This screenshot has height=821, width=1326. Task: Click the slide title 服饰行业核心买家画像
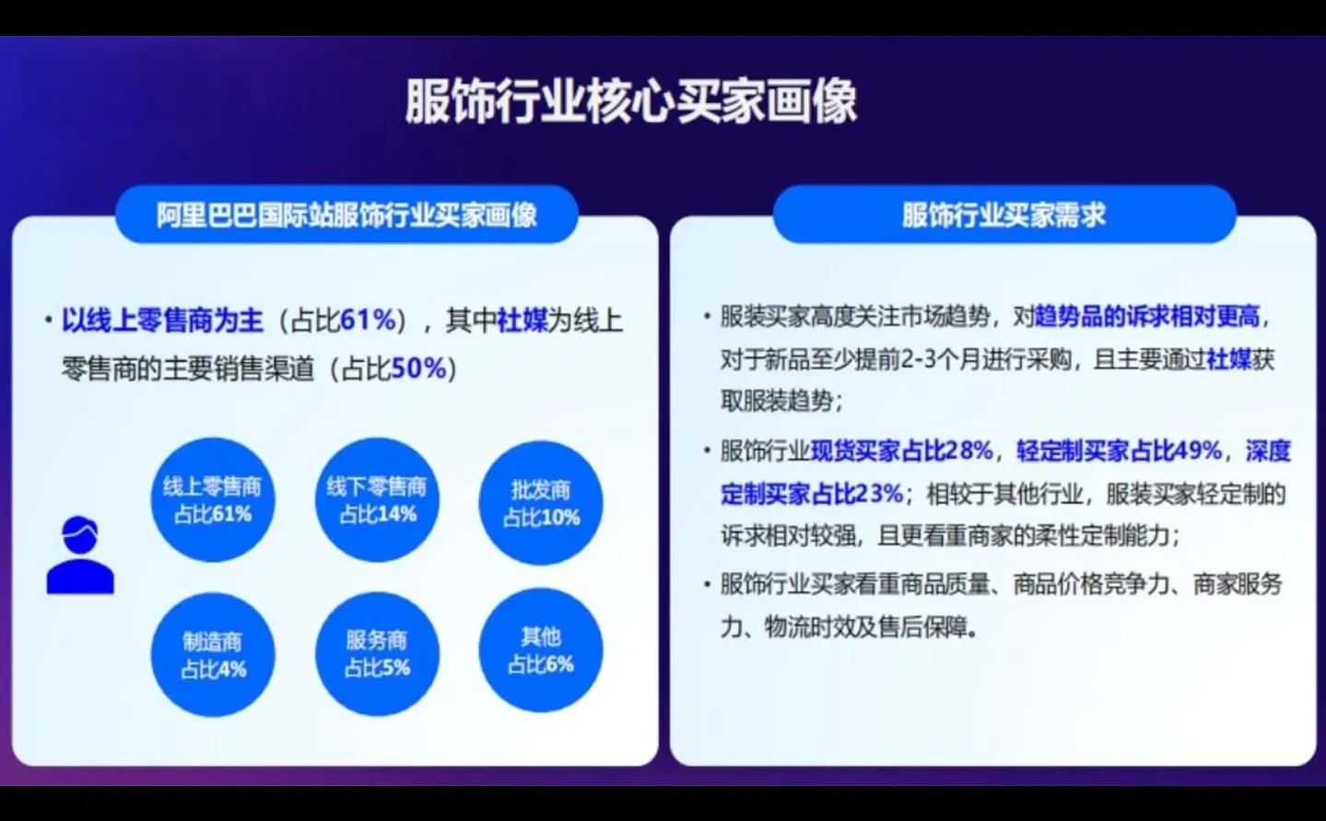(x=631, y=101)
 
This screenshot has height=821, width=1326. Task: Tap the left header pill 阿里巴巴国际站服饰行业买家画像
(x=346, y=215)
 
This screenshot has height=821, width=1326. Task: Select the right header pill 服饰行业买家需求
(x=1003, y=215)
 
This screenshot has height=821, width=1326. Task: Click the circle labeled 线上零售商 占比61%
(x=212, y=499)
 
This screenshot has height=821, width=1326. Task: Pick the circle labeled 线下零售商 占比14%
(x=377, y=499)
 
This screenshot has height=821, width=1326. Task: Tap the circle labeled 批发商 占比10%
(x=541, y=503)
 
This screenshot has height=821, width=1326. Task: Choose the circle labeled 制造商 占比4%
(x=212, y=654)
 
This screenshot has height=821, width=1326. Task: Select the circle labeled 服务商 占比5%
(x=377, y=653)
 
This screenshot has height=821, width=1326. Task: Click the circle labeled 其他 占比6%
(x=541, y=650)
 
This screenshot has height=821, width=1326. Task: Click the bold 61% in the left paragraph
(x=368, y=321)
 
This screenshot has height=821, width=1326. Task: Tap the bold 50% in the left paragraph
(x=418, y=369)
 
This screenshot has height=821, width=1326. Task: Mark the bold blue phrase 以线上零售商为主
(x=162, y=321)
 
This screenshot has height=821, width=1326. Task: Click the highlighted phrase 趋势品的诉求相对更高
(x=1147, y=317)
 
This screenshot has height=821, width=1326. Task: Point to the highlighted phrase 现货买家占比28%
(x=901, y=451)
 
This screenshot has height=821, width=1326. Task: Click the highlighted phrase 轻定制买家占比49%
(x=1119, y=451)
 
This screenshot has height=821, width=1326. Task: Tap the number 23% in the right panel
(x=880, y=494)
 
